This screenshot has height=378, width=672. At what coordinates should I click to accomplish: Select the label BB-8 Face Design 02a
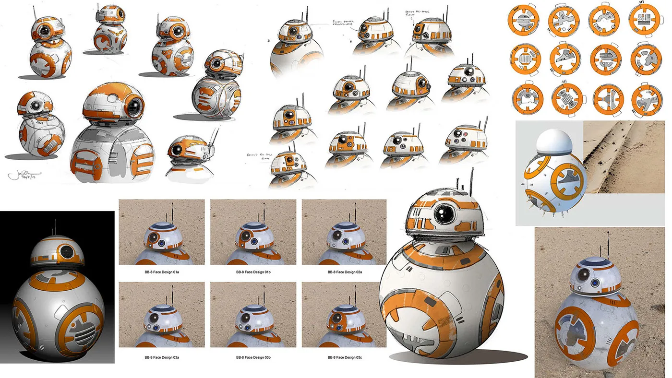click(x=344, y=272)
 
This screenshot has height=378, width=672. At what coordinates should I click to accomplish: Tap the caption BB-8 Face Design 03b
click(x=253, y=357)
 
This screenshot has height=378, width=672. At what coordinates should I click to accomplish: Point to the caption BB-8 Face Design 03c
click(x=344, y=357)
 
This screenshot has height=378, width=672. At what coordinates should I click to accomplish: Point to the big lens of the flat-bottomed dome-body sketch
click(x=134, y=106)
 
